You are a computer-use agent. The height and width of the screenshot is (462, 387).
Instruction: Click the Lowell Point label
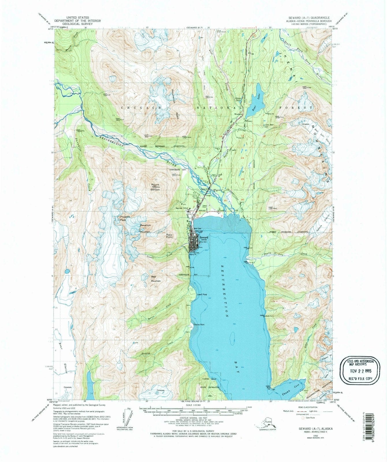click(202, 295)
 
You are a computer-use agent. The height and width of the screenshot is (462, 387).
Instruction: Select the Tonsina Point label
click(199, 325)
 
